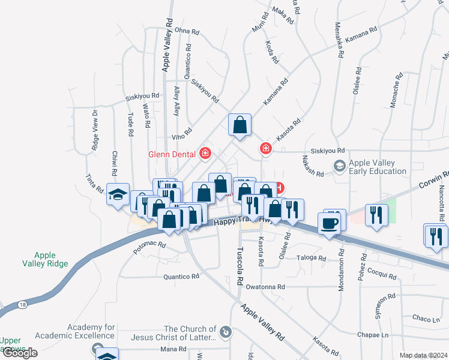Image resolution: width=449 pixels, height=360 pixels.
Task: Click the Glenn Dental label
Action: click(172, 154)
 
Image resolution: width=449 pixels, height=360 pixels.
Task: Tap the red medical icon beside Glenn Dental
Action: click(205, 154)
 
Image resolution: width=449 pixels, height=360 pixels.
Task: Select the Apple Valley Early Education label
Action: click(378, 167)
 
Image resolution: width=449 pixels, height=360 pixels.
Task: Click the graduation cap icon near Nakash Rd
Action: click(339, 166)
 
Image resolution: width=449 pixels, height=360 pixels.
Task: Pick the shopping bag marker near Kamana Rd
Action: click(240, 125)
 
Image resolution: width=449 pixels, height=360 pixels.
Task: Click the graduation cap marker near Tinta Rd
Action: click(118, 194)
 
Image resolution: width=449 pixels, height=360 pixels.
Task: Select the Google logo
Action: click(19, 353)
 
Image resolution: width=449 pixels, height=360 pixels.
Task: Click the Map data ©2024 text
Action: click(424, 355)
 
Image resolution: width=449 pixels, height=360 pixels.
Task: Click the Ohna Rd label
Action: click(186, 30)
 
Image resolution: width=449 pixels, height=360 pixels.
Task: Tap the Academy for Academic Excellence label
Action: click(75, 331)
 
